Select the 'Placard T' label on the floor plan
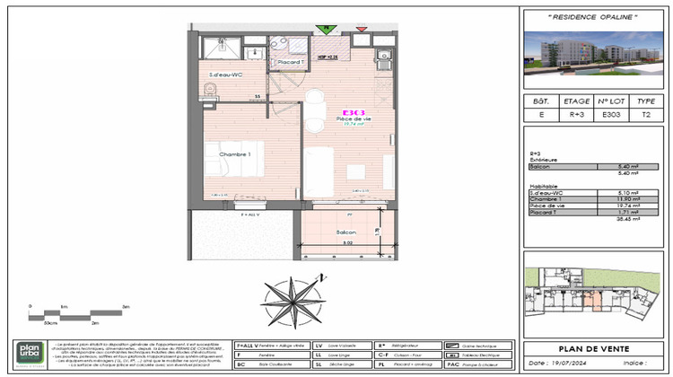(288, 62)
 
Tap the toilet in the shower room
(209, 88)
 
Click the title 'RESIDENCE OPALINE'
(593, 18)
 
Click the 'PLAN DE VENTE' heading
(593, 348)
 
